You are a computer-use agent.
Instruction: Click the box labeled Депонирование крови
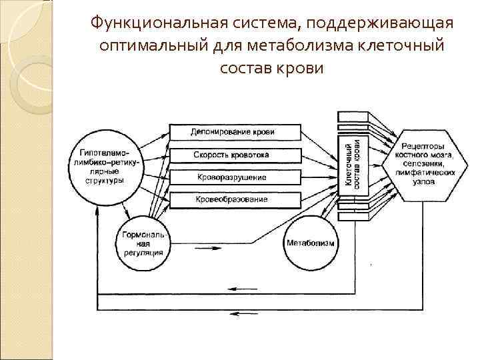coord(232,132)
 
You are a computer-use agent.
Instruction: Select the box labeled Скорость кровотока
coord(232,155)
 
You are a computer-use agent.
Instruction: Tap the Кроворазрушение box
coord(232,177)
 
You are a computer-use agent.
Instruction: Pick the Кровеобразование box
coord(232,199)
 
